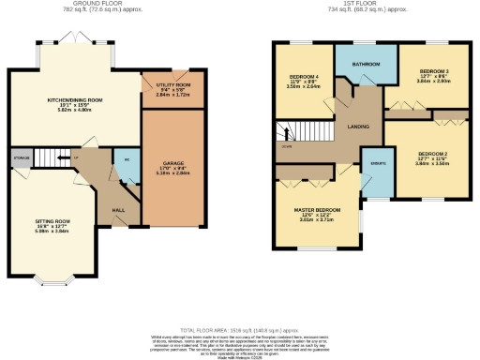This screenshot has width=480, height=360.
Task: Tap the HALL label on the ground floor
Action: [x=119, y=209]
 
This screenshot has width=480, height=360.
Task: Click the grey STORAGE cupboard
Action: [x=20, y=157]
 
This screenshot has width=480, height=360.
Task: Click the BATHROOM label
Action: [x=365, y=64]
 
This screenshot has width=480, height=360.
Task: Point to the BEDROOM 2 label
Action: [x=432, y=154]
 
